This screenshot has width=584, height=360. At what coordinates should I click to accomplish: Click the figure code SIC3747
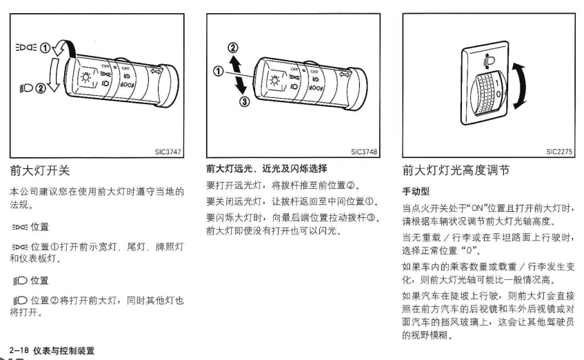(x=168, y=152)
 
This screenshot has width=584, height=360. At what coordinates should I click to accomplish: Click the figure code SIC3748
(x=364, y=152)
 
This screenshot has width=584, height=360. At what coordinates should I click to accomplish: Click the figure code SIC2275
(x=559, y=151)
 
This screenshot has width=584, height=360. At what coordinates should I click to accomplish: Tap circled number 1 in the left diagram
(x=45, y=48)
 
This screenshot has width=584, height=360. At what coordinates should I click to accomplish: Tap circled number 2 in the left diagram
(x=41, y=88)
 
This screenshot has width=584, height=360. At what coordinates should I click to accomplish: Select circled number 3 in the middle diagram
(x=244, y=101)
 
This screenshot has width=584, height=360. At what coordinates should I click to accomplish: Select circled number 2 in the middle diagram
(x=233, y=48)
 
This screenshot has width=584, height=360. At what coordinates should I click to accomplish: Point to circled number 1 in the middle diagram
(x=219, y=71)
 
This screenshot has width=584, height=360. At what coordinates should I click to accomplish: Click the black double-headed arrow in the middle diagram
(x=237, y=74)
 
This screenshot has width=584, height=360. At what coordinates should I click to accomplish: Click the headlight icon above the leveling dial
(x=489, y=61)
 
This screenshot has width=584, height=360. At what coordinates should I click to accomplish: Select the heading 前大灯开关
(x=40, y=170)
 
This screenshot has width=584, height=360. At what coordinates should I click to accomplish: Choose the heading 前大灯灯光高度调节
(x=456, y=170)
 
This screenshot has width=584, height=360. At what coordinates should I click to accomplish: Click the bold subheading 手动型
(x=416, y=191)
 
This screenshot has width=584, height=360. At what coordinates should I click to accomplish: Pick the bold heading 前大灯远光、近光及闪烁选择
(x=267, y=168)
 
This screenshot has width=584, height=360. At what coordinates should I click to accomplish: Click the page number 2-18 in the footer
(x=19, y=350)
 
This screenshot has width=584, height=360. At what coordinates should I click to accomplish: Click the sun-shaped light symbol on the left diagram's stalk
(x=86, y=77)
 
